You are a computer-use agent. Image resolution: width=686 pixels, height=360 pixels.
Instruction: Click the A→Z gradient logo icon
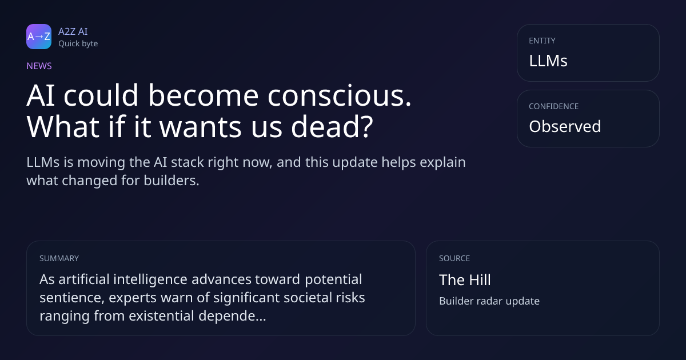click(x=39, y=37)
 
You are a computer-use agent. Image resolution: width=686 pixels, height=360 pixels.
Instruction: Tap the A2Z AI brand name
click(x=73, y=31)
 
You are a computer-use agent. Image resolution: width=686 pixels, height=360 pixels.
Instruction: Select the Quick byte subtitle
click(x=78, y=44)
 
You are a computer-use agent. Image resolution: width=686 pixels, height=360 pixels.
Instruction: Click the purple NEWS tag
click(x=39, y=66)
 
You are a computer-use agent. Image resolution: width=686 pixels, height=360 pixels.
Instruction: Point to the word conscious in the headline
click(x=340, y=95)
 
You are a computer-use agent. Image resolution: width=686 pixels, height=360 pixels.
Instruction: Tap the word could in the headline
click(x=101, y=95)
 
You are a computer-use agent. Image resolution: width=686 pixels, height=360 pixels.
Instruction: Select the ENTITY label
click(x=542, y=41)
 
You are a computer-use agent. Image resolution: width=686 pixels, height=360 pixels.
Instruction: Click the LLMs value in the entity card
click(x=548, y=61)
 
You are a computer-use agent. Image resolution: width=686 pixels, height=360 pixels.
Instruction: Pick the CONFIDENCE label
click(x=554, y=106)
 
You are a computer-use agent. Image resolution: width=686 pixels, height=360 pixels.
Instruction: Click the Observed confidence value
click(x=565, y=126)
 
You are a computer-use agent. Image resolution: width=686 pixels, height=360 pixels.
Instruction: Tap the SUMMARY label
click(x=59, y=258)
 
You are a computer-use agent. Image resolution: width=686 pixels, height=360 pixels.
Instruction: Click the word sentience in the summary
click(x=72, y=298)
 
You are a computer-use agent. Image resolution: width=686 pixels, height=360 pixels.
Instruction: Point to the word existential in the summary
click(x=161, y=315)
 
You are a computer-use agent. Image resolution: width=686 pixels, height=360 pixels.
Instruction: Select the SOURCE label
click(x=454, y=258)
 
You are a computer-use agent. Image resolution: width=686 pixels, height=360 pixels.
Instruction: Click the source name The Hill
click(x=465, y=280)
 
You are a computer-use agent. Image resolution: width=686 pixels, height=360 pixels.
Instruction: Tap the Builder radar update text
click(x=489, y=301)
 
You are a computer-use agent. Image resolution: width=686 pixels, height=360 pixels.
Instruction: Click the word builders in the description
click(x=171, y=181)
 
